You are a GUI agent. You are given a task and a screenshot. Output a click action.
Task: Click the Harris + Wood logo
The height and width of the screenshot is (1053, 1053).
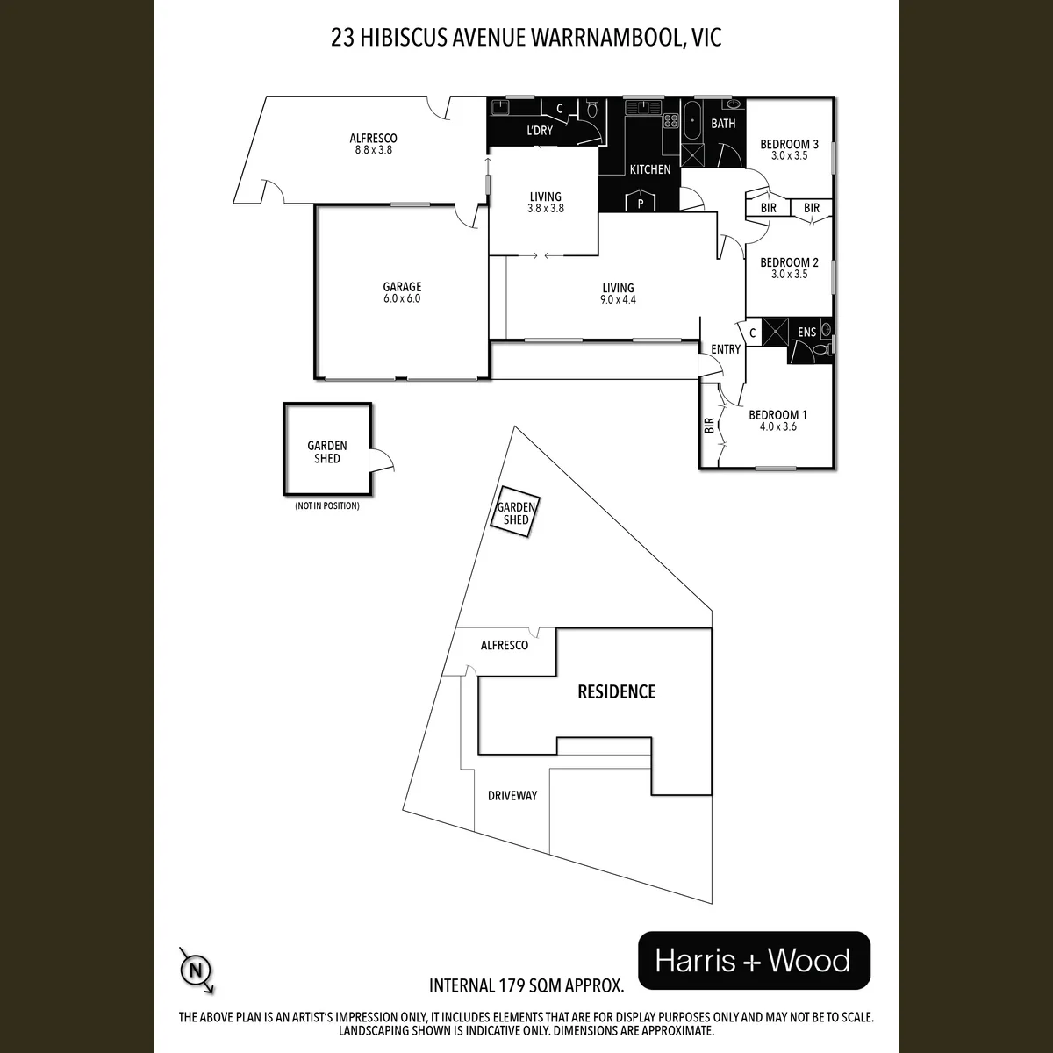754,960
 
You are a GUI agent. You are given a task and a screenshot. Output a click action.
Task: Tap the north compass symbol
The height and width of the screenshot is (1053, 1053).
197,970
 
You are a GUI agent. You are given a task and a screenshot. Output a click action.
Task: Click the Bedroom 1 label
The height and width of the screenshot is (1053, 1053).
777,415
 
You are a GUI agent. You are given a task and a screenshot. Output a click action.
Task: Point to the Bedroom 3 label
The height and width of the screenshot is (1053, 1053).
789,144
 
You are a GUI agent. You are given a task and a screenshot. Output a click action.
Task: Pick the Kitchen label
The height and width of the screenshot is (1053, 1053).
649,169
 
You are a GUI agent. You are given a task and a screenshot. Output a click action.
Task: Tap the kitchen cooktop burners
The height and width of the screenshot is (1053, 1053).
670,121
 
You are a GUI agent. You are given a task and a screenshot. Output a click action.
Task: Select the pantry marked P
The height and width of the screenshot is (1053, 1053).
641,201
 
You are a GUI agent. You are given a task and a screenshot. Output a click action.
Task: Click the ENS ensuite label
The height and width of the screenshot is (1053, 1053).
806,333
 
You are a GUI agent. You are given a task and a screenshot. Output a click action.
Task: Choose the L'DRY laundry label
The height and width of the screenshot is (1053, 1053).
540,131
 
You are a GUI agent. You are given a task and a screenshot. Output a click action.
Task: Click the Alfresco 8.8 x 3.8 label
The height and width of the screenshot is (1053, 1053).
373,144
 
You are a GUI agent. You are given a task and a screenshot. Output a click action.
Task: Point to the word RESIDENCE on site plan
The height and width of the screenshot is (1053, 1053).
616,691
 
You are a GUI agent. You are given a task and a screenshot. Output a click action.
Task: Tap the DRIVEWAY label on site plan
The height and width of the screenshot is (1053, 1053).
512,796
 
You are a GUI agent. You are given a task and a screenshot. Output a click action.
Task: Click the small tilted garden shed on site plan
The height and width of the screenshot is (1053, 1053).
515,512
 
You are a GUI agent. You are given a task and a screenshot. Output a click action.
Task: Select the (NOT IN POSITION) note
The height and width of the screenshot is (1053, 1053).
326,506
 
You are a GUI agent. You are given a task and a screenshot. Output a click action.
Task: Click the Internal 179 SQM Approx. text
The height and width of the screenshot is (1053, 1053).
526,985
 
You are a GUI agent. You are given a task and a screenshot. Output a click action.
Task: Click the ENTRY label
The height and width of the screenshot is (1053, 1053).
726,349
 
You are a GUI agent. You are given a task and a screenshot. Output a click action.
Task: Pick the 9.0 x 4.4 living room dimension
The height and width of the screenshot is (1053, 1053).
618,299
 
